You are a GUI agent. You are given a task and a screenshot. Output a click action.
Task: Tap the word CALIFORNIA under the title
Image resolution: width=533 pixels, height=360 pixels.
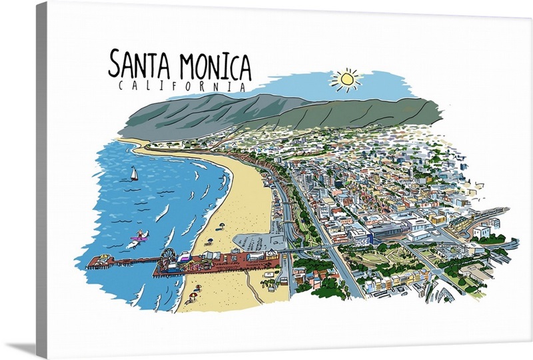(181, 86)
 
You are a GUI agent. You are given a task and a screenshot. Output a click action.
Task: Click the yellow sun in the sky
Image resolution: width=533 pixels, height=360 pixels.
(346, 79)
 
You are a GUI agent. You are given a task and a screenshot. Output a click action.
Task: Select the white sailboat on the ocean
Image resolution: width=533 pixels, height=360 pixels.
(134, 175)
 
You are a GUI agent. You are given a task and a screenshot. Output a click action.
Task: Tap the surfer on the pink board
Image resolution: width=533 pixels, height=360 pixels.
(141, 235)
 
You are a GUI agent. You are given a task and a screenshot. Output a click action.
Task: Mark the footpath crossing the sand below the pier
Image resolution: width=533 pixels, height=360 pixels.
(253, 287)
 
